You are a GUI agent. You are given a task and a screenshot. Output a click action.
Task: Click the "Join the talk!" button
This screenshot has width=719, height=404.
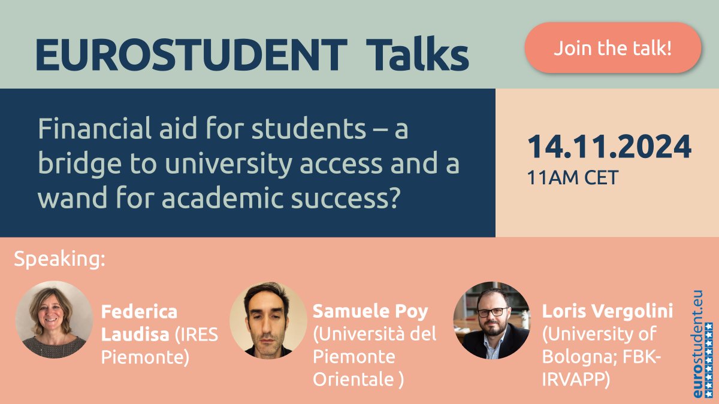coord(612,48)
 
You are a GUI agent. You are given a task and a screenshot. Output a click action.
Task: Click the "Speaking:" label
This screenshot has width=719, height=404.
coord(59,260)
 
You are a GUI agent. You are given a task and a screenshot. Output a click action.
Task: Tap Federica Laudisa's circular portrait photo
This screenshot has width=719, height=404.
coord(54,320)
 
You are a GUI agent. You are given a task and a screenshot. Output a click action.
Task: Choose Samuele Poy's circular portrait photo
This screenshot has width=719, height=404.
coord(268,320)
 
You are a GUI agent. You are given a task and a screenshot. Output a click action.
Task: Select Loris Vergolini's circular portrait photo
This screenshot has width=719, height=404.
coord(491,320)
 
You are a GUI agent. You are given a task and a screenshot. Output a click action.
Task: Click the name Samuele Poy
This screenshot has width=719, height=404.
coord(370,312)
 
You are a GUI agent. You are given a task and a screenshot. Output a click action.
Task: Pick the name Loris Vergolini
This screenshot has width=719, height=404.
coord(607,312)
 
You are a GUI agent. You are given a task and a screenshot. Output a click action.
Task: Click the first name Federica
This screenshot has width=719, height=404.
coord(139,312)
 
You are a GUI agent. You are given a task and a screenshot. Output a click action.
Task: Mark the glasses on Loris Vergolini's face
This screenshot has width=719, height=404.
coord(493,312)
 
